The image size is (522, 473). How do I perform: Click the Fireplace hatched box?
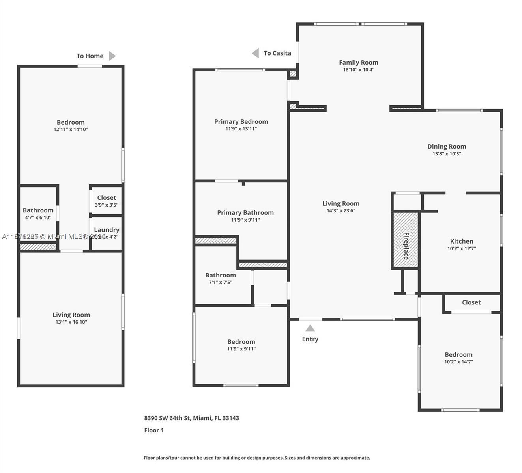point(405,240)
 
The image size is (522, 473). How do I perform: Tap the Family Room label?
point(358,62)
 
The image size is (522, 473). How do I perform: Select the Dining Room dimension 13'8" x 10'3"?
point(447,154)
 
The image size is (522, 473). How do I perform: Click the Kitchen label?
point(461,241)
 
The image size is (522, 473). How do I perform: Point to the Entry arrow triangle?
point(310,328)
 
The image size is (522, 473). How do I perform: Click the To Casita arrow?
point(256,53)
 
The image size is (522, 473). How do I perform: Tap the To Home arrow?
point(112,56)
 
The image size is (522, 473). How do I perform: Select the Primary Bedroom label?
point(241,121)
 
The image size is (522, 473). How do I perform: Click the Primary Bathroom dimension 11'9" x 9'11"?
point(245,220)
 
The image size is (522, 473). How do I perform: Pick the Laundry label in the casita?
point(107,230)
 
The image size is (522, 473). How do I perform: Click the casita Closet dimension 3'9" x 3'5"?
point(107,205)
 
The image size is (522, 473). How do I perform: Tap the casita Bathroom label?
point(38,210)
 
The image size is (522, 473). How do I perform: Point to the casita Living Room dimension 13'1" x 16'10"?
point(71,322)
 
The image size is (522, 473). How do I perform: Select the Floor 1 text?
point(154,430)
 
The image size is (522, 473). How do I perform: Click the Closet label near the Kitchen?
point(471,302)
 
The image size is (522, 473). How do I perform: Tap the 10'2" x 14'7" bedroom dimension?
point(458,362)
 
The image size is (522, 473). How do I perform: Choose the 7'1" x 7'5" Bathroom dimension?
point(220,282)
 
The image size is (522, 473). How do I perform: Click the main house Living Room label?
point(341,203)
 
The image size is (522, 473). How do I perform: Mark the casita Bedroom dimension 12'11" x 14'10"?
point(71,130)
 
